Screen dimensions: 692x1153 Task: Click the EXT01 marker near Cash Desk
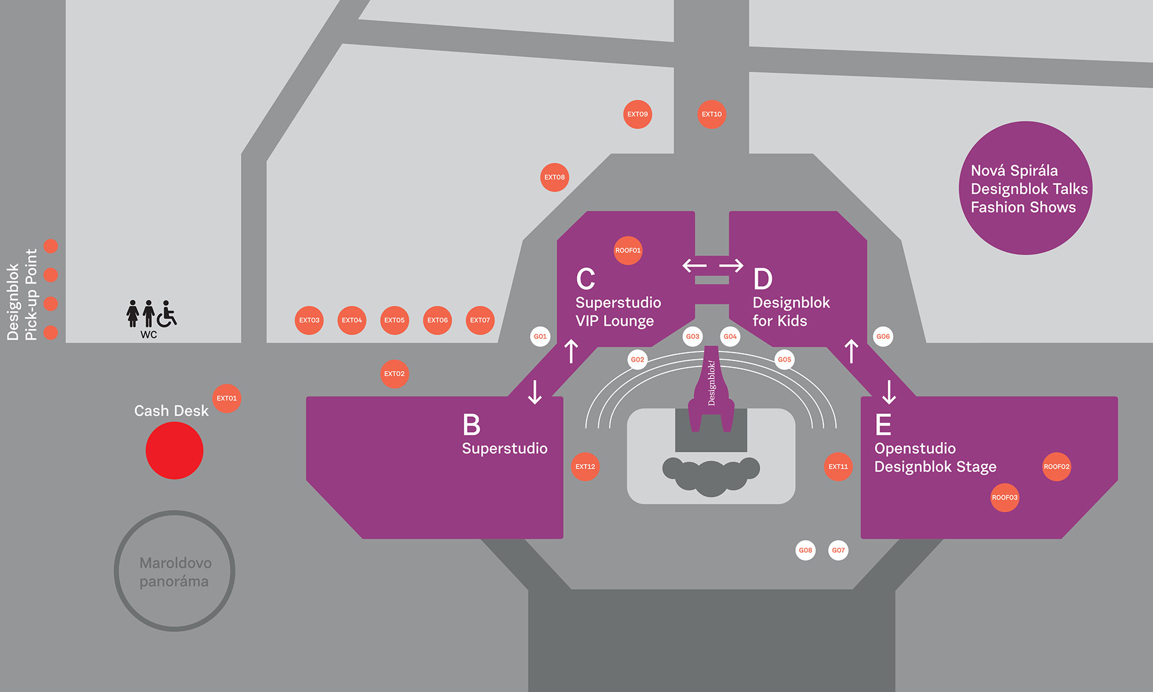pyautogui.click(x=226, y=398)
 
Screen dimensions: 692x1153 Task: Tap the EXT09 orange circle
pyautogui.click(x=637, y=114)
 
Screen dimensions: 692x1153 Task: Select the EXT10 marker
pyautogui.click(x=712, y=114)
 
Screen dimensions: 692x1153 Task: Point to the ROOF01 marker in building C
pyautogui.click(x=628, y=250)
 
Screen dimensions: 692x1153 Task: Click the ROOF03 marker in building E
pyautogui.click(x=1005, y=497)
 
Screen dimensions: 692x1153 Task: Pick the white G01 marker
pyautogui.click(x=540, y=336)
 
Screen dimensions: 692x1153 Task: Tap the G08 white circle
pyautogui.click(x=805, y=550)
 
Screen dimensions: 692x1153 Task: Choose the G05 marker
pyautogui.click(x=784, y=360)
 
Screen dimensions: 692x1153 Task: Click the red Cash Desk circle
pyautogui.click(x=174, y=451)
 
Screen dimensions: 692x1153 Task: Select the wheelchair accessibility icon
pyautogui.click(x=167, y=314)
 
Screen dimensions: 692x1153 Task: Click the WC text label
pyautogui.click(x=148, y=335)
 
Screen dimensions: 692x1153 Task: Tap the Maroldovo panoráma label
pyautogui.click(x=175, y=572)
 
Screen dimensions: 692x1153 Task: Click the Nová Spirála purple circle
pyautogui.click(x=1025, y=188)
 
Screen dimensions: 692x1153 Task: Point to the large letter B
pyautogui.click(x=471, y=425)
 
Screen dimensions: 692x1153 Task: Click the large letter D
pyautogui.click(x=763, y=279)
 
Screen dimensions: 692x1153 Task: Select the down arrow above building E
pyautogui.click(x=889, y=392)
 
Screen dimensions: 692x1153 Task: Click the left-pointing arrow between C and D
pyautogui.click(x=695, y=266)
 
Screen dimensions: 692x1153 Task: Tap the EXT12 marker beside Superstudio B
pyautogui.click(x=585, y=467)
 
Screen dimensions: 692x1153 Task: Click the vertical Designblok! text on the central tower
pyautogui.click(x=712, y=383)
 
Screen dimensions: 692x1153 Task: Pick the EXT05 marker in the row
pyautogui.click(x=395, y=320)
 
